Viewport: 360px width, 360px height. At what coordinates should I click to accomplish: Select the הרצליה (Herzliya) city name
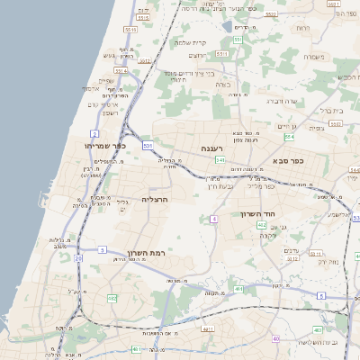click(x=155, y=199)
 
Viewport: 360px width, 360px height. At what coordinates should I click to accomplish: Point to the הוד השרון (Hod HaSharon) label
click(x=256, y=213)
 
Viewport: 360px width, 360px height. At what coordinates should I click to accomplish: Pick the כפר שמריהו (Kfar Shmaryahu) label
click(x=104, y=145)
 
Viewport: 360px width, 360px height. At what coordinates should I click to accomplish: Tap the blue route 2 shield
click(x=94, y=133)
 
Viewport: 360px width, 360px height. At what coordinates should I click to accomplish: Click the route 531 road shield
click(x=148, y=145)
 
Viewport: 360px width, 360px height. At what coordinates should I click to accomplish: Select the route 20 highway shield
click(x=78, y=258)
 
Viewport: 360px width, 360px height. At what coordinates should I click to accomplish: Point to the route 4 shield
click(x=214, y=219)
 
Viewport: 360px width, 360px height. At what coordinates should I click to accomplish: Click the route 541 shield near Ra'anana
click(x=220, y=160)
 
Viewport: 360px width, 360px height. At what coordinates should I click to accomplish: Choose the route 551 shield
click(x=238, y=40)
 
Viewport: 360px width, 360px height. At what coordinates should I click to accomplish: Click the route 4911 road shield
click(x=208, y=330)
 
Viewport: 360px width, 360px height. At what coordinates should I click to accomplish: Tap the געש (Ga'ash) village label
click(x=109, y=56)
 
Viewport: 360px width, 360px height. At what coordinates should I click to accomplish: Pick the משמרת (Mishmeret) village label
click(x=314, y=57)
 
